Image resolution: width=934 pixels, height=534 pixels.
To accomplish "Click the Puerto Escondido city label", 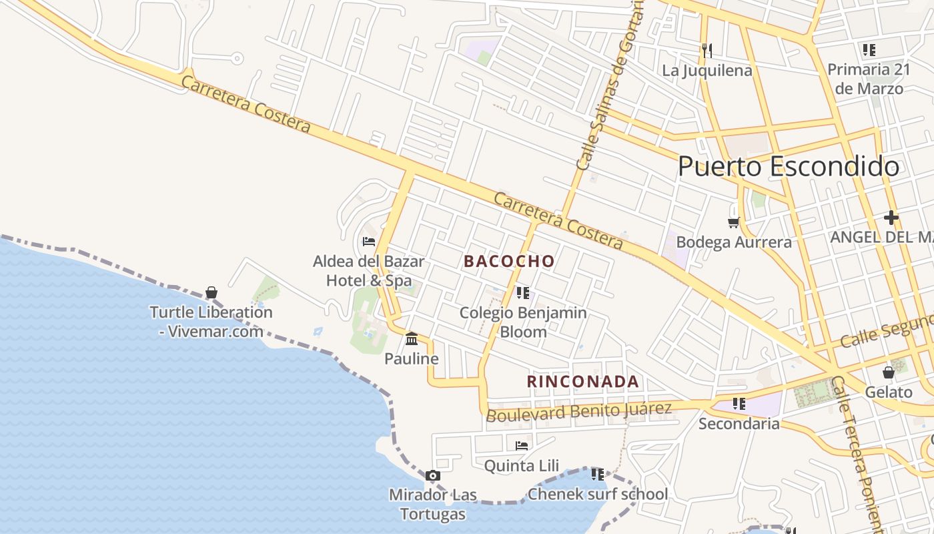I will pyautogui.click(x=788, y=167).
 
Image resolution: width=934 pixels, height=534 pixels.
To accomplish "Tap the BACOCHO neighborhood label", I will pyautogui.click(x=509, y=261).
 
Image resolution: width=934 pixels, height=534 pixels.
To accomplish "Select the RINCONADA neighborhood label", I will pyautogui.click(x=583, y=382).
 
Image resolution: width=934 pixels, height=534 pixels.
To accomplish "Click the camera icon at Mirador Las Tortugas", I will pyautogui.click(x=433, y=476).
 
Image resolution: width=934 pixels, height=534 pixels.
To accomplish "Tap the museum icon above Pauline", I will pyautogui.click(x=412, y=339).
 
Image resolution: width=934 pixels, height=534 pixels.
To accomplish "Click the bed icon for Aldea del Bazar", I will pyautogui.click(x=369, y=242).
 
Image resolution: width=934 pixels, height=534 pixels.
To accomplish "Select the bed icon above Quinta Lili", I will pyautogui.click(x=522, y=446).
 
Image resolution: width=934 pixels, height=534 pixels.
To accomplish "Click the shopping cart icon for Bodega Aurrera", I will pyautogui.click(x=734, y=222).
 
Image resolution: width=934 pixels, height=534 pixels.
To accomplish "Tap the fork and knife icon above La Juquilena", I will pyautogui.click(x=707, y=50).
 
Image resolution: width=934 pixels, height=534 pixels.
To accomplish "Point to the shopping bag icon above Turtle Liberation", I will pyautogui.click(x=211, y=292).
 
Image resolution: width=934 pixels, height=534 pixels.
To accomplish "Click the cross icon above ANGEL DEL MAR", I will pyautogui.click(x=891, y=218).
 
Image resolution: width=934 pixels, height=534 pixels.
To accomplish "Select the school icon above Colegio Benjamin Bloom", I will pyautogui.click(x=523, y=292).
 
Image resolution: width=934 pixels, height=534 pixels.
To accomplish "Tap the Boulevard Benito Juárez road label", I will pyautogui.click(x=578, y=411).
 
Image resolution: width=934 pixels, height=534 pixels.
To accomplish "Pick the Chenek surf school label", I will pyautogui.click(x=597, y=495).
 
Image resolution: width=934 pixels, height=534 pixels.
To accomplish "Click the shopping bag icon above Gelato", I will pyautogui.click(x=889, y=372).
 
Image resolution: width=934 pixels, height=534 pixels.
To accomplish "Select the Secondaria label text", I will pyautogui.click(x=739, y=424).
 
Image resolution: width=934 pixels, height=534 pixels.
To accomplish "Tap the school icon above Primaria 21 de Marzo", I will pyautogui.click(x=869, y=50).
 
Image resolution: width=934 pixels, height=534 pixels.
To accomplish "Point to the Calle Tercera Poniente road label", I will pyautogui.click(x=860, y=454).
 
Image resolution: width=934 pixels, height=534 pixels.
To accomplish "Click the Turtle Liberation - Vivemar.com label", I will pyautogui.click(x=211, y=321).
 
